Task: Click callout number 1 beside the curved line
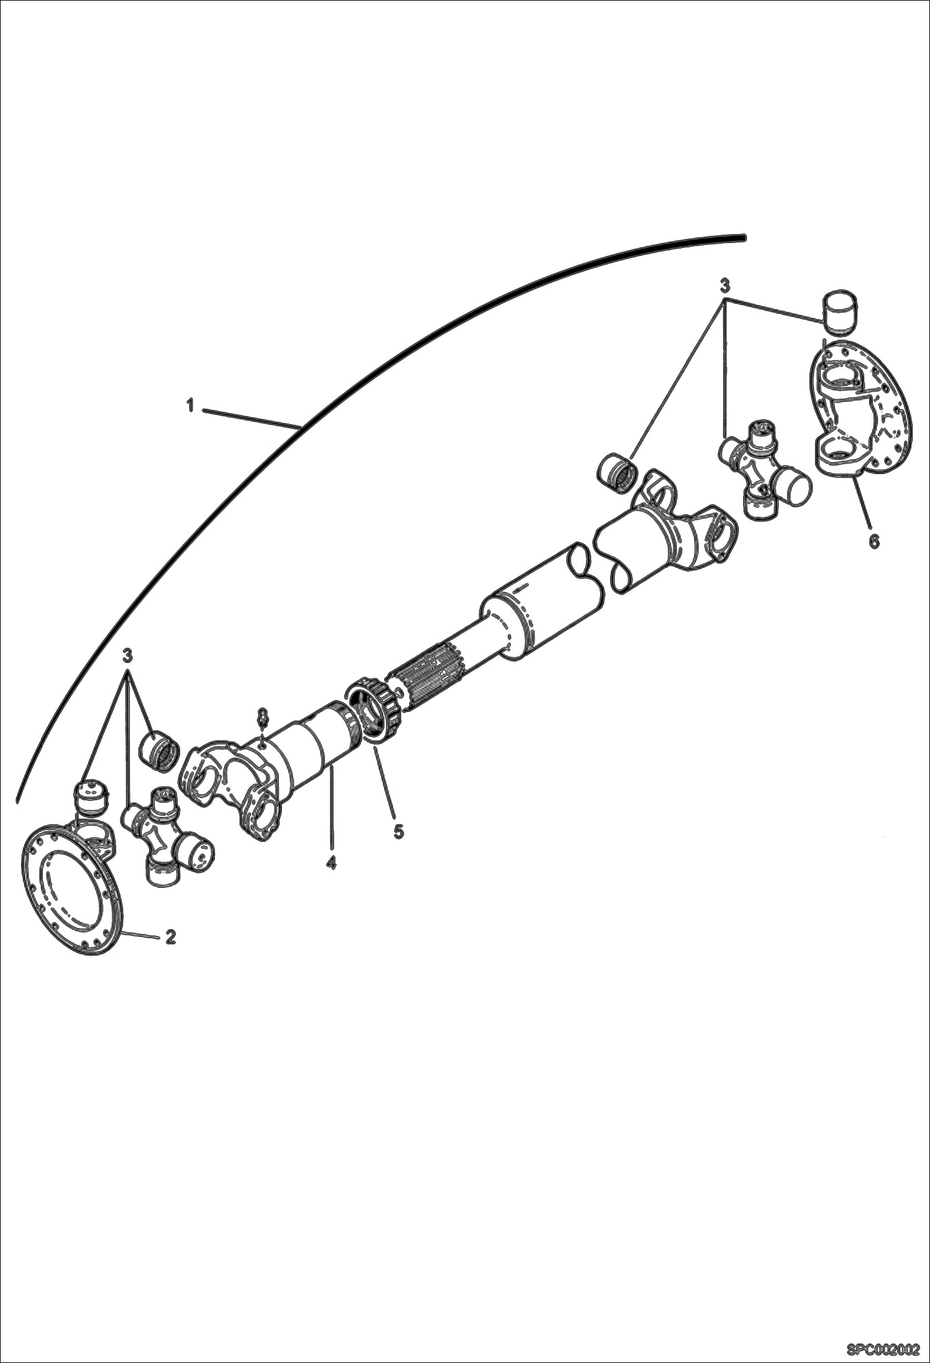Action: [x=191, y=406]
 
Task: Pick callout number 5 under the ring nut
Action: [x=398, y=832]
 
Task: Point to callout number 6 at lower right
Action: [x=874, y=542]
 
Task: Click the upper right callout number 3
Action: [x=725, y=286]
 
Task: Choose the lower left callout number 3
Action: [x=128, y=655]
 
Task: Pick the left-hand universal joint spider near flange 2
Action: [x=166, y=839]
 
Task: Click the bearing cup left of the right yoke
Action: [x=616, y=470]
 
